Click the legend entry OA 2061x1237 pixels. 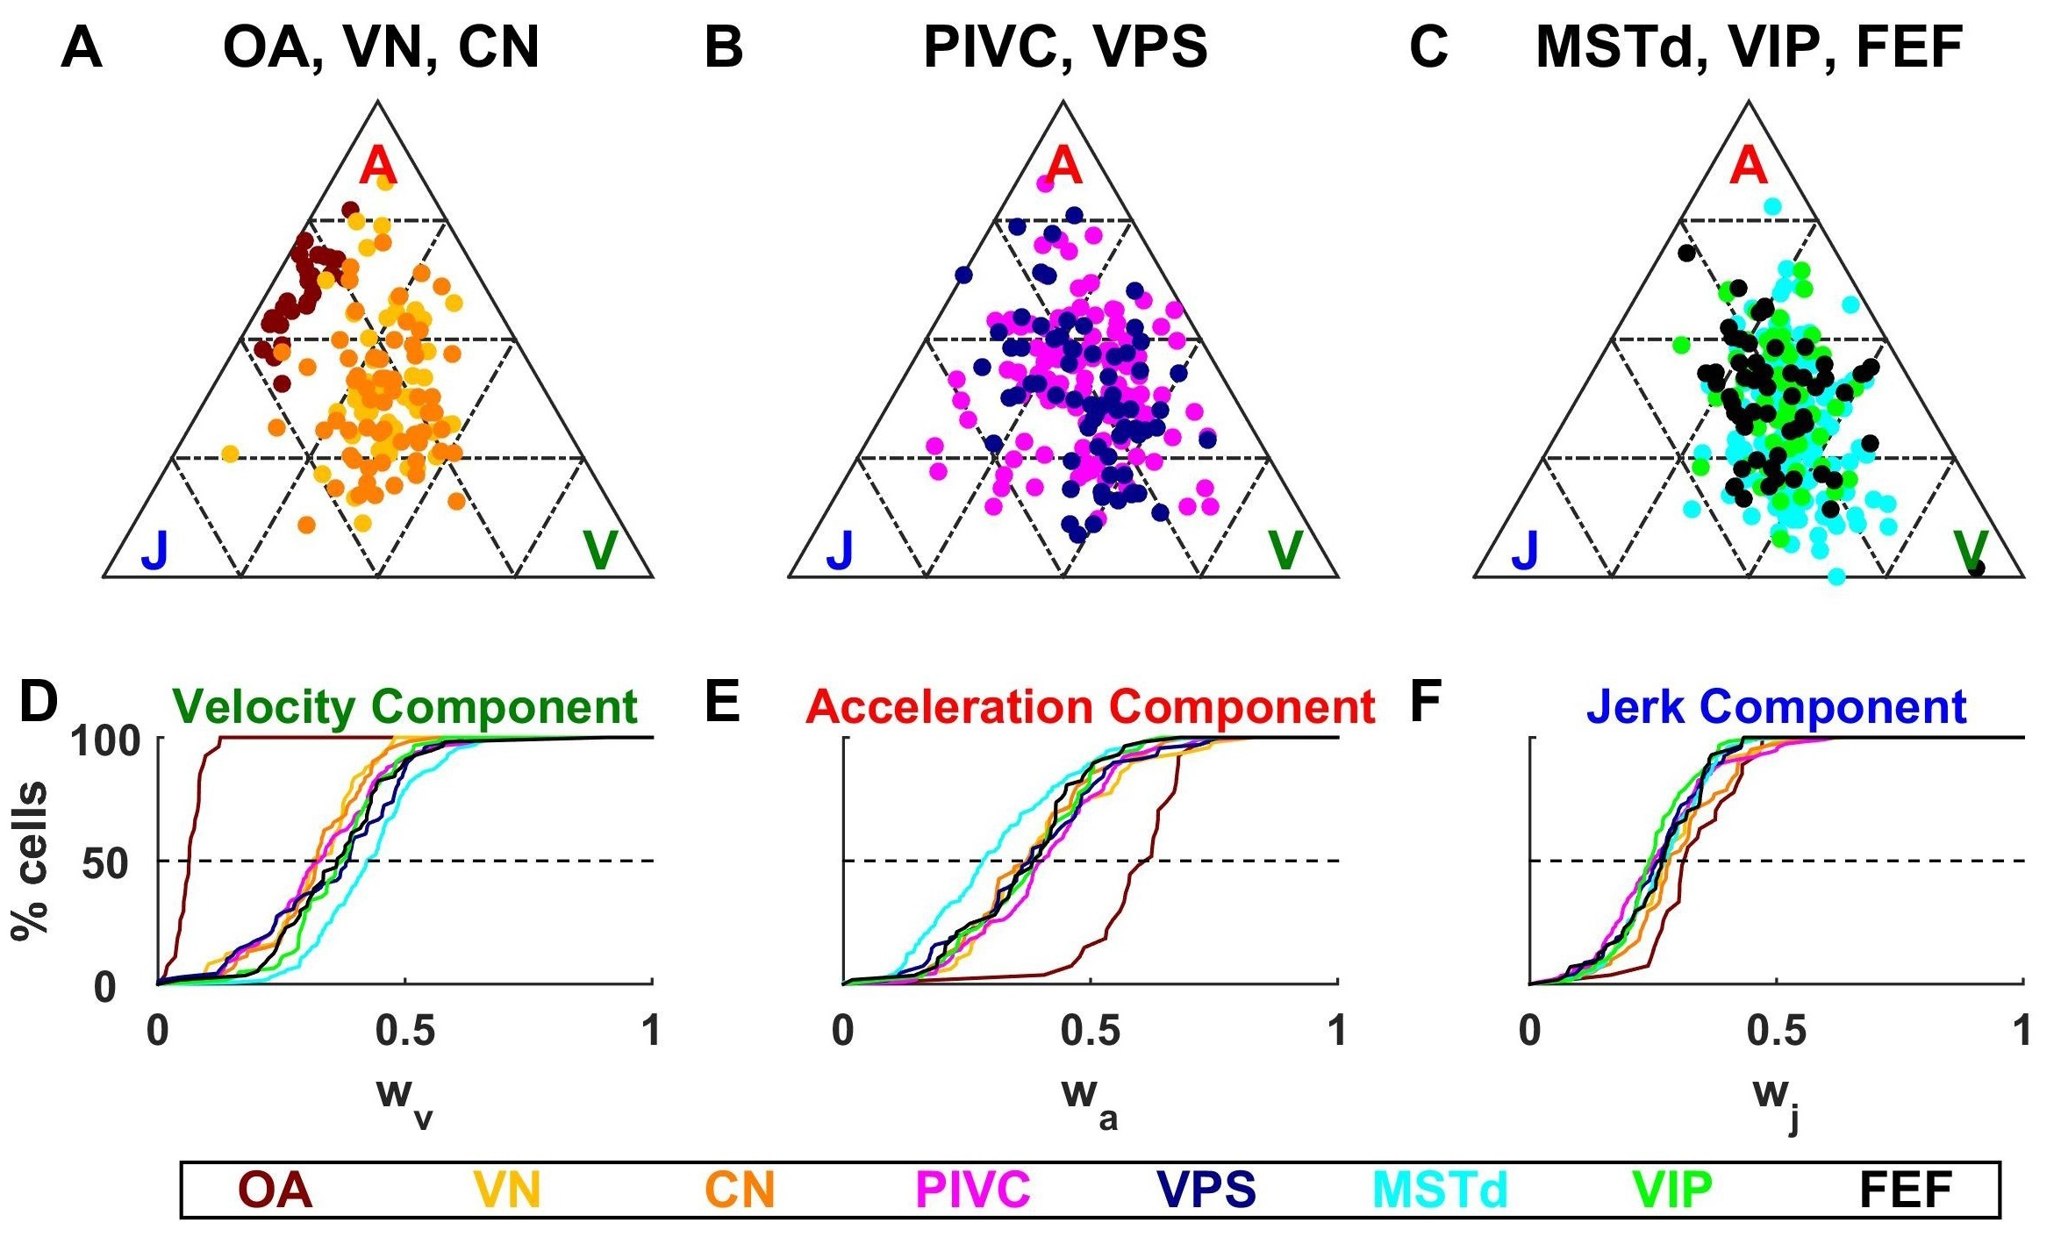point(276,1191)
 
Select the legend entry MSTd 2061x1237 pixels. point(1440,1191)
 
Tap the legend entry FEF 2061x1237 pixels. point(1905,1191)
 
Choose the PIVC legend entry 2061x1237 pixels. point(972,1191)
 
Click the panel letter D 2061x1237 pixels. point(38,704)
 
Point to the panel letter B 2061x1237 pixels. point(724,47)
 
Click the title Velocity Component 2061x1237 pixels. point(404,707)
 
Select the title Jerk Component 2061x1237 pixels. point(1777,707)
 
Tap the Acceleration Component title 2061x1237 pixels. point(1091,707)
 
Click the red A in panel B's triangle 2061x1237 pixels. point(1063,165)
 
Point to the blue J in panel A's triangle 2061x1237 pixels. point(154,550)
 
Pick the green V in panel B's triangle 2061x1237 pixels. point(1285,550)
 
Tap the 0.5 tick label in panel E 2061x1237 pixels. point(1091,1032)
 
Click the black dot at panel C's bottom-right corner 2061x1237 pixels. point(1977,568)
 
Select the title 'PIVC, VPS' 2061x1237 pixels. point(1065,47)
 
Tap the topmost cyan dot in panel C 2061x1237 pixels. point(1772,206)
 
